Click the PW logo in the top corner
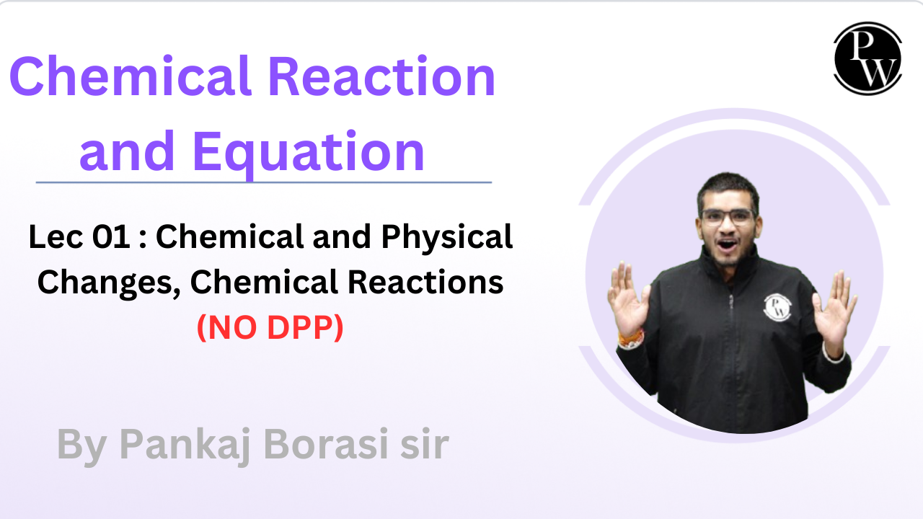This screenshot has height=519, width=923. [867, 58]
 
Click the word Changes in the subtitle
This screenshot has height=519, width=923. [108, 283]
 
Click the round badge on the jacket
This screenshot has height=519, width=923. [777, 308]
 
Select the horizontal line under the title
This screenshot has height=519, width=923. [263, 182]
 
